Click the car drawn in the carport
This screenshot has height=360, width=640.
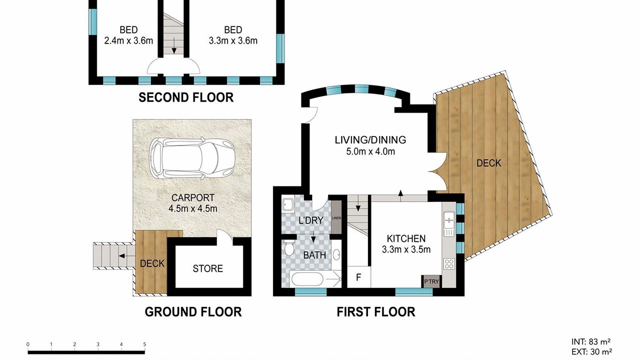191,158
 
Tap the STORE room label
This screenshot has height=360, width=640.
207,268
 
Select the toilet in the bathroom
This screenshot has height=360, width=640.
289,248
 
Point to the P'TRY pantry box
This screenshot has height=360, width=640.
431,281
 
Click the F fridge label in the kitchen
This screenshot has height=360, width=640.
358,277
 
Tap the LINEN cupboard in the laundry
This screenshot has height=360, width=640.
336,217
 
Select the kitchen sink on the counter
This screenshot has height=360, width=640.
449,224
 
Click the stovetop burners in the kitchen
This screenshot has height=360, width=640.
449,263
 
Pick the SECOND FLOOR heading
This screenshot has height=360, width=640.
186,97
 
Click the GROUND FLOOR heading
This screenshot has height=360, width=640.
193,311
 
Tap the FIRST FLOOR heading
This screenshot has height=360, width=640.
375,311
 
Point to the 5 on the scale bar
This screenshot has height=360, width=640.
144,344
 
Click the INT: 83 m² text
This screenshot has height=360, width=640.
591,341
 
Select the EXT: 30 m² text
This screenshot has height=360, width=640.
591,352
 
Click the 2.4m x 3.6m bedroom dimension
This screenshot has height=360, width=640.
128,40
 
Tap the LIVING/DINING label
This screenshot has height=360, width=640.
370,140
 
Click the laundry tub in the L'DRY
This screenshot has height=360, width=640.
287,204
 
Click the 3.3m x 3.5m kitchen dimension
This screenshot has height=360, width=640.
406,249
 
